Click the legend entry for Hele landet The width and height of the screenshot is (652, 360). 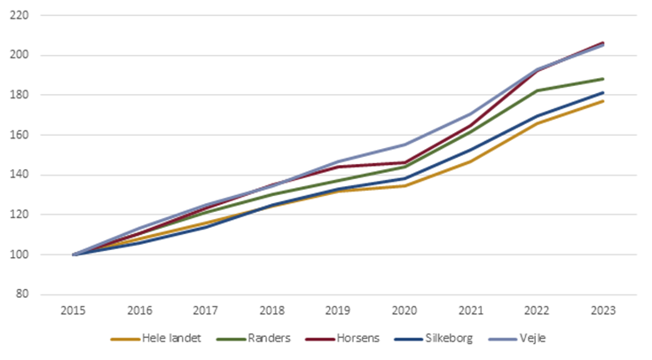[x=169, y=338]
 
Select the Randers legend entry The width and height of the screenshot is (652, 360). [x=269, y=338]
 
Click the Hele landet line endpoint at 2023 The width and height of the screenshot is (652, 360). [x=603, y=101]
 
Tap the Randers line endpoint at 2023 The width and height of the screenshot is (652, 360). [x=603, y=79]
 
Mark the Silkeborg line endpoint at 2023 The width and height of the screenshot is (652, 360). [x=603, y=93]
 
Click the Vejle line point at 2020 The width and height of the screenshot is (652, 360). [x=405, y=145]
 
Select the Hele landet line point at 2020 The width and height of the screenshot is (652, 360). [x=405, y=185]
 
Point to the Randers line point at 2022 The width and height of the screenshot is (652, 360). [x=537, y=90]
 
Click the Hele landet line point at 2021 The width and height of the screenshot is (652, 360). [x=471, y=161]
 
